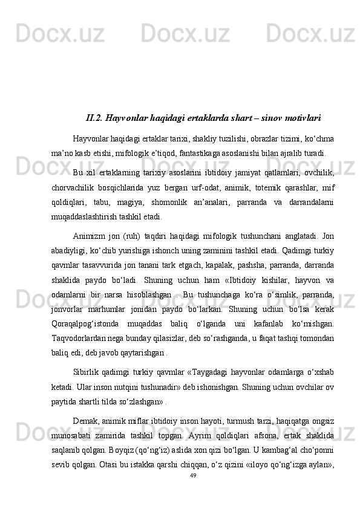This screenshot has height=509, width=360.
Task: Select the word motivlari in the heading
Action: pos(296,117)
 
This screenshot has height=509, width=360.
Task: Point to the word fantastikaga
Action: pos(195,152)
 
